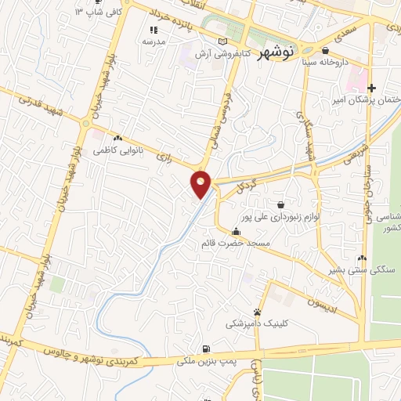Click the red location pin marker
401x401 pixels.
coord(201,183)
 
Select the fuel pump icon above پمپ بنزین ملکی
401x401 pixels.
coord(205,349)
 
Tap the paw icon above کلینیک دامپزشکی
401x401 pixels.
coord(257,312)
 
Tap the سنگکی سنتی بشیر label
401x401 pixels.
coord(361,269)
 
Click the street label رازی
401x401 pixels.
coord(164,156)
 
